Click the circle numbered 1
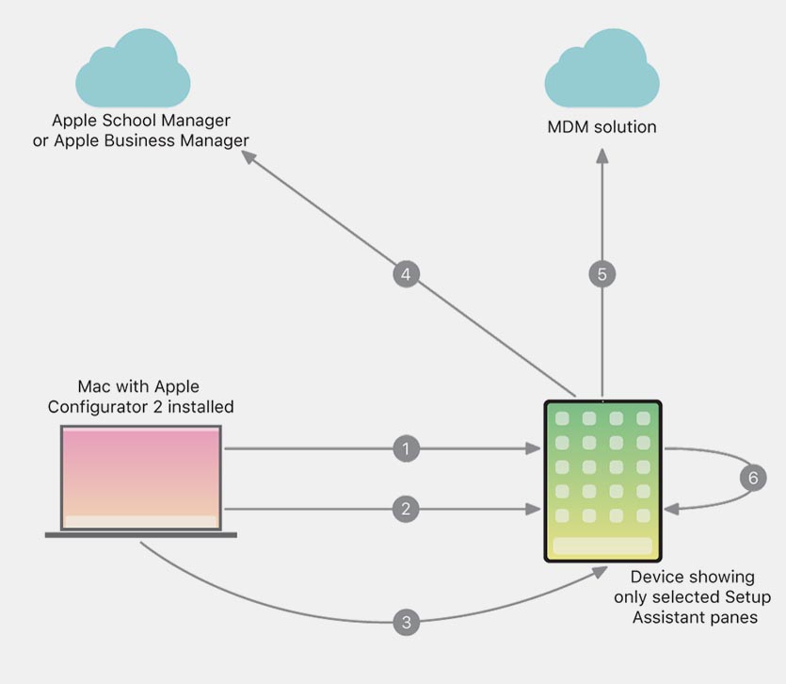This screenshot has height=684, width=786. tap(406, 449)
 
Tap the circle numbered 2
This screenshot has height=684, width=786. tap(406, 510)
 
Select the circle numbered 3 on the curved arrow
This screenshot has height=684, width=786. tap(406, 622)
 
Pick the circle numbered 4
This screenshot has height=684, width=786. tap(406, 275)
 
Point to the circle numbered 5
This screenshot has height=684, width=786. tap(602, 275)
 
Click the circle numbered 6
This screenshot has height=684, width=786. tap(752, 479)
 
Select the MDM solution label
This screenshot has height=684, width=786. tap(602, 126)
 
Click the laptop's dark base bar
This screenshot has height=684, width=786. tap(141, 535)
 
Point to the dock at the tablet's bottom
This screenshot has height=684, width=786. tap(602, 546)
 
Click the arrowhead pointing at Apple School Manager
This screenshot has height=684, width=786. tap(249, 158)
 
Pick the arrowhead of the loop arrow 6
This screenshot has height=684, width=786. tap(672, 509)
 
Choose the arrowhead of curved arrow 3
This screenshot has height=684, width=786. tap(603, 571)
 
